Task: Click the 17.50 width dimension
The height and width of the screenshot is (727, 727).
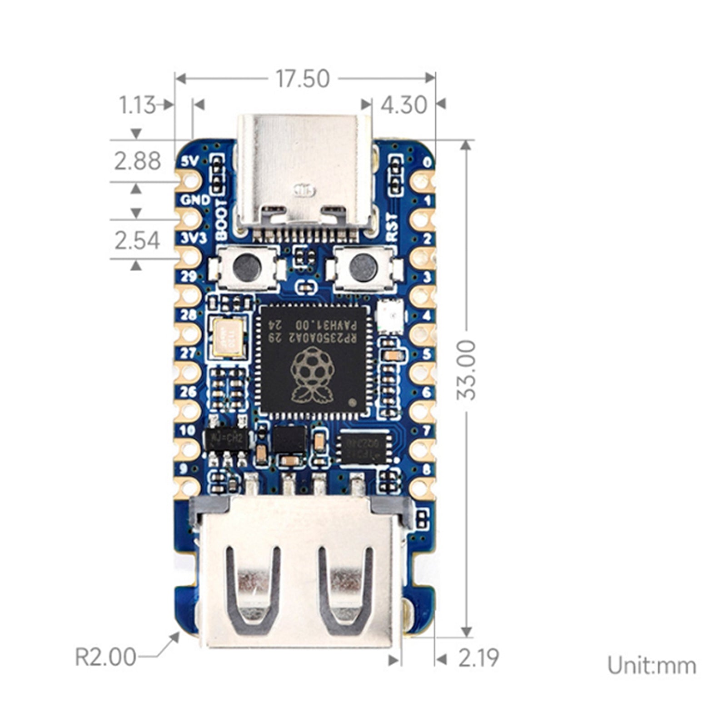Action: point(303,79)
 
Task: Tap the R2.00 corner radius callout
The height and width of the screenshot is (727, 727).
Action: point(105,657)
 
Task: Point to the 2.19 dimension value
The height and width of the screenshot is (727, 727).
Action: point(478,658)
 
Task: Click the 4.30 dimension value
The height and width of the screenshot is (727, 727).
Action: point(403,105)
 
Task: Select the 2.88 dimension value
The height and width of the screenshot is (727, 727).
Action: point(137,161)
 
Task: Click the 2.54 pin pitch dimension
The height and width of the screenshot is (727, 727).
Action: point(137,240)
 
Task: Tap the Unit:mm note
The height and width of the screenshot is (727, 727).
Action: point(652,666)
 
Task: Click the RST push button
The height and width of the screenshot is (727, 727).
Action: point(363,268)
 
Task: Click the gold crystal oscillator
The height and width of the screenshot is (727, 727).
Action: point(228,337)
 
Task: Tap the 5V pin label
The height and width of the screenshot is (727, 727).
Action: point(189,161)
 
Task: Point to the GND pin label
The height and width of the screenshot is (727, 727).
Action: point(195,199)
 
